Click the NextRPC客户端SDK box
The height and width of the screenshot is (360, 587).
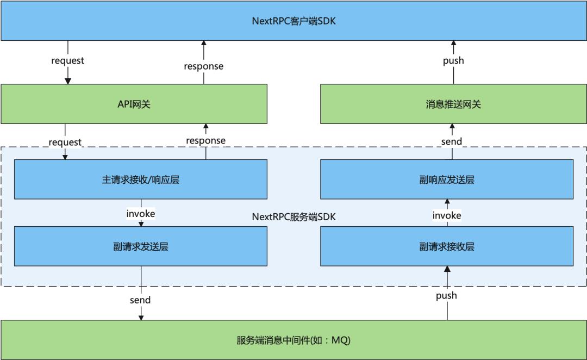(293, 21)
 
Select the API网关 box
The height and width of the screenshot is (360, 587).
(134, 104)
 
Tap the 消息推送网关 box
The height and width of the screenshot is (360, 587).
(453, 104)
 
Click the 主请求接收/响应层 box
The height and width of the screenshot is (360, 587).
(141, 179)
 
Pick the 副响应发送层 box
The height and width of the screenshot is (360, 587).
(447, 179)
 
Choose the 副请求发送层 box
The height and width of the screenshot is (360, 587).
(141, 246)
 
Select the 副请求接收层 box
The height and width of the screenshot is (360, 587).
(447, 246)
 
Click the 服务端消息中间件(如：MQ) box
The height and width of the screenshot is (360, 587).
(293, 340)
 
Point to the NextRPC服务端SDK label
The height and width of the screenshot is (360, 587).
(294, 217)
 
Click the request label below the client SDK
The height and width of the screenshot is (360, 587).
(68, 61)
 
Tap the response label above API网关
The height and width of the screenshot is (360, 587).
(204, 66)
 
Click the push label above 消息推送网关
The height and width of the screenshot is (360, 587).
(453, 61)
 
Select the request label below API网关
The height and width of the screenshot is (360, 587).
(65, 142)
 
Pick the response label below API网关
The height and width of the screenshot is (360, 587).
(206, 140)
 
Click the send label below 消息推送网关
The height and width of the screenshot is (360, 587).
(452, 141)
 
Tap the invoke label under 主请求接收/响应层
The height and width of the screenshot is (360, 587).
(141, 214)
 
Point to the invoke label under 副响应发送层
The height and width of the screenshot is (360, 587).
(447, 215)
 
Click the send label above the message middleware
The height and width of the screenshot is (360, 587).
(140, 300)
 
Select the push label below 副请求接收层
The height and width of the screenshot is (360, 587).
(447, 296)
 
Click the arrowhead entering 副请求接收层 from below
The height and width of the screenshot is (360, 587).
(447, 269)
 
